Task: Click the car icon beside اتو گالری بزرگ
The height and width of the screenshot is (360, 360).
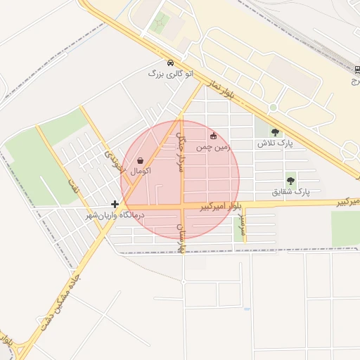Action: tap(171, 63)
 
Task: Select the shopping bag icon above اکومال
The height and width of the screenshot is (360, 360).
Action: tap(141, 160)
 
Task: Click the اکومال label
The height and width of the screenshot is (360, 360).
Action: tap(141, 170)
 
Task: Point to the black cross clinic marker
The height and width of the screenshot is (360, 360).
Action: tap(115, 204)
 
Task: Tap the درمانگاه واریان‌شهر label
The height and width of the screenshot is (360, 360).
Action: tap(114, 214)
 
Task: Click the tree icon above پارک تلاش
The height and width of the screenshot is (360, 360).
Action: tap(275, 132)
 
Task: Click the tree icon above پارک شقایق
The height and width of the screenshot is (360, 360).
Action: tap(290, 180)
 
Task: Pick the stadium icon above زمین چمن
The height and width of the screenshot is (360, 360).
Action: tap(214, 136)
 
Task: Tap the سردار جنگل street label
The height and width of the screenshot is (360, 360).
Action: tap(181, 145)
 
